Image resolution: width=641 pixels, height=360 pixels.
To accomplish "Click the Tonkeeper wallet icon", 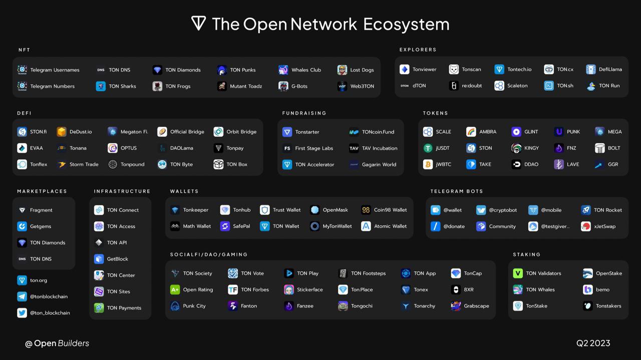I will click(175, 210).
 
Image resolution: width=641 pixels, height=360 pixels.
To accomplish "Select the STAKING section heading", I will click(527, 255).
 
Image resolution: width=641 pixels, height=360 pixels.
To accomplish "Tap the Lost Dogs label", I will click(362, 70).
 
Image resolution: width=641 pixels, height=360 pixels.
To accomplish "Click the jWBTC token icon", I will click(428, 164).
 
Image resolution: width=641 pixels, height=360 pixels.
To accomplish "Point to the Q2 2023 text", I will click(593, 343).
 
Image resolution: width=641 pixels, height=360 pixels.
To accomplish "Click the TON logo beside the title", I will click(198, 24).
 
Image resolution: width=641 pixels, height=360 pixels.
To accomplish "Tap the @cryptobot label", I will click(503, 210).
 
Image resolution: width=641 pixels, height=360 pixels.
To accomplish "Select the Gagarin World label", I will click(379, 164).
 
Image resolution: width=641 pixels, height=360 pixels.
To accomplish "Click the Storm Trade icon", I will click(62, 164).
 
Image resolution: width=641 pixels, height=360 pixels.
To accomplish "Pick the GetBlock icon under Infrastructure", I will click(99, 259).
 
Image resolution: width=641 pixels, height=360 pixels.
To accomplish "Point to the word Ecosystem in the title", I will click(406, 24).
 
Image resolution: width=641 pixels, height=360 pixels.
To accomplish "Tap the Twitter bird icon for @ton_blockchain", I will click(22, 313).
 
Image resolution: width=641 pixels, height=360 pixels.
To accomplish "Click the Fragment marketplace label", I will click(41, 210).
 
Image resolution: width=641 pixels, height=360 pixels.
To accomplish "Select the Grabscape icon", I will click(456, 306).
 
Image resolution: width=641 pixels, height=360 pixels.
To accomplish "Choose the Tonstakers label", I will click(608, 306).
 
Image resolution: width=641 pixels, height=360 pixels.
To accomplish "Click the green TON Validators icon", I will click(518, 273).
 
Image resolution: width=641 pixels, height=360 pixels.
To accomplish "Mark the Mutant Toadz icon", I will click(222, 86).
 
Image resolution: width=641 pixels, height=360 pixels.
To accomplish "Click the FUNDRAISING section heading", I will click(304, 113).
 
